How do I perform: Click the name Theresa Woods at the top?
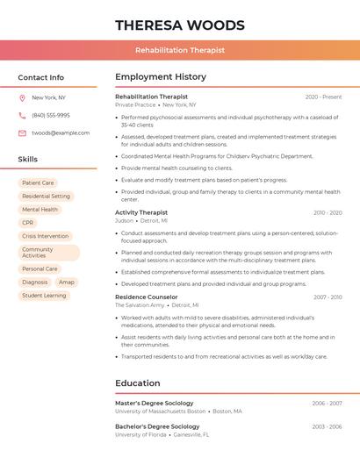tap(180, 25)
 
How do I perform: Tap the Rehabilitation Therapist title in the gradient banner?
tap(180, 50)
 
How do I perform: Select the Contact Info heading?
tap(41, 77)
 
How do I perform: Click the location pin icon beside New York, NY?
tap(22, 97)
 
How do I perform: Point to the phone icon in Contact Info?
tap(22, 115)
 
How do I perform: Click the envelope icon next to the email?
tap(22, 133)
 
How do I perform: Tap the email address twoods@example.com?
tap(61, 133)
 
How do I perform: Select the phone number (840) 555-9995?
tap(51, 115)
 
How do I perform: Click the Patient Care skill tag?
tap(38, 183)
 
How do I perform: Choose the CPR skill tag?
tap(28, 223)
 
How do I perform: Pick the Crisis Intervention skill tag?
tap(45, 236)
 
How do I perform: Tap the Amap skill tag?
tap(67, 283)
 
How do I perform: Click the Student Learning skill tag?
tap(44, 296)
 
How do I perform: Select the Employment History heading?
tap(161, 77)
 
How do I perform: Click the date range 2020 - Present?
tap(323, 97)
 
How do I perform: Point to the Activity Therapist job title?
tap(141, 212)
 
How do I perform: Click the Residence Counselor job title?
tap(147, 297)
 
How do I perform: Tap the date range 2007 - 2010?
tap(328, 297)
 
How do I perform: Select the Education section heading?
tap(138, 383)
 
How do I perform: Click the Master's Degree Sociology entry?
tap(155, 404)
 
